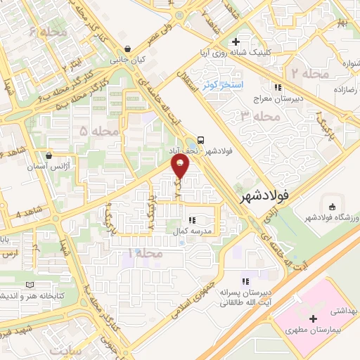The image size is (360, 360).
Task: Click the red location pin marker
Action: coord(181,167)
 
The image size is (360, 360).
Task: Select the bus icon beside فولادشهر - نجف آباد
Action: coord(202,139)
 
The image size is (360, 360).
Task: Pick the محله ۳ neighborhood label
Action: coord(254,115)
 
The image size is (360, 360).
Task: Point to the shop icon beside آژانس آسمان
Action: coord(48,156)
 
